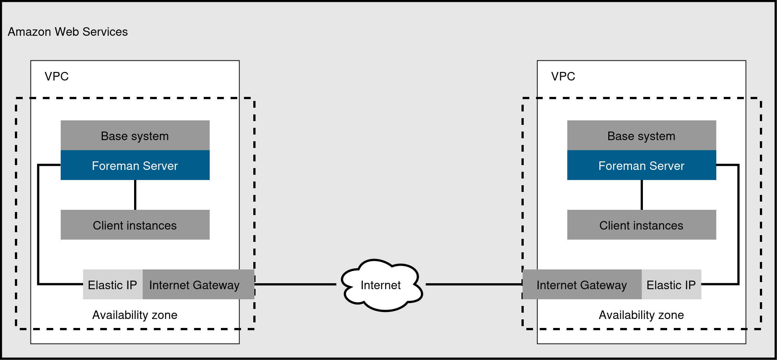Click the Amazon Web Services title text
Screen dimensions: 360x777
tap(67, 32)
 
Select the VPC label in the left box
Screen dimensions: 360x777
tap(56, 76)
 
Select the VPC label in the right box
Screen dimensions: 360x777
tap(563, 76)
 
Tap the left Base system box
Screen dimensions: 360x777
tap(135, 136)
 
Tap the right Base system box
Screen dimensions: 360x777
tap(641, 136)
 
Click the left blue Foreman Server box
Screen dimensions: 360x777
tap(135, 165)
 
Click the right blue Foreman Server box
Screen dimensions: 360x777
tap(641, 165)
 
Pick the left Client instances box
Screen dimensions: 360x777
tap(135, 225)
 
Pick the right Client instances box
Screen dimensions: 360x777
tap(641, 225)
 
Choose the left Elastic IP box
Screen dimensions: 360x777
tap(112, 285)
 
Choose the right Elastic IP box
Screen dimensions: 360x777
tap(671, 285)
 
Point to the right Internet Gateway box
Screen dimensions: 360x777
tap(582, 285)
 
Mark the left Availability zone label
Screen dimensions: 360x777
tap(135, 315)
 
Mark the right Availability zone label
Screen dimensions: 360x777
tap(641, 315)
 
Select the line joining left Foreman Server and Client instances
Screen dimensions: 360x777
tap(135, 195)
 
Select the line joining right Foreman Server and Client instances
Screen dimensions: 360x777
tap(642, 195)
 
